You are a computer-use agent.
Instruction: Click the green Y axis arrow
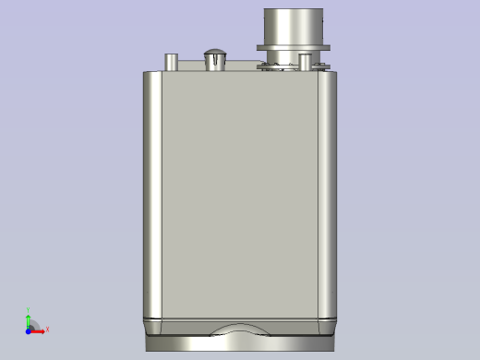[x=29, y=319]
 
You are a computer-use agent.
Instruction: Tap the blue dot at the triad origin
[x=29, y=330]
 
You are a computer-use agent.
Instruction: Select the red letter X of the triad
[x=47, y=330]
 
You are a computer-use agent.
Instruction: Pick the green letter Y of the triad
[x=29, y=310]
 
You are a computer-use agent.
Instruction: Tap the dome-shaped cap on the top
[x=214, y=58]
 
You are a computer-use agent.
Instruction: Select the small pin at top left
[x=170, y=61]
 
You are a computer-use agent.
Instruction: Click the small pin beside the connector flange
[x=305, y=62]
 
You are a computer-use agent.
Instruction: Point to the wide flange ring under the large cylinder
[x=296, y=47]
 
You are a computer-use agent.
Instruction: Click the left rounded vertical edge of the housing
[x=151, y=194]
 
